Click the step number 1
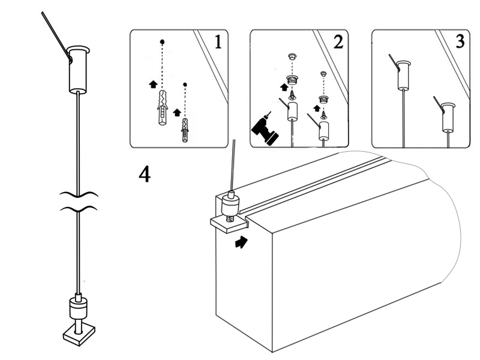218,42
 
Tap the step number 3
459,42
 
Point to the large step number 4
145,174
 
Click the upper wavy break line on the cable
78,194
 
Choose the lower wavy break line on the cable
78,209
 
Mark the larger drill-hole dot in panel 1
162,42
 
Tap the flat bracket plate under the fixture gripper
229,223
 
